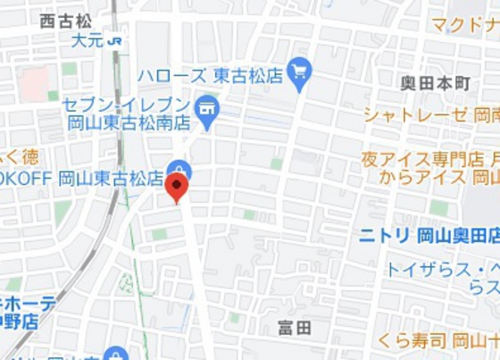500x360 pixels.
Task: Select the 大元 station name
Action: pyautogui.click(x=87, y=40)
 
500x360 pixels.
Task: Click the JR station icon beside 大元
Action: pyautogui.click(x=114, y=40)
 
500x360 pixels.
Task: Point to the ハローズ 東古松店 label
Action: pyautogui.click(x=209, y=76)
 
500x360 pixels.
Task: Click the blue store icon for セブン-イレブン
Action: pyautogui.click(x=207, y=108)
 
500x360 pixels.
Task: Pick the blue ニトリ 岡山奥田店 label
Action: pyautogui.click(x=428, y=235)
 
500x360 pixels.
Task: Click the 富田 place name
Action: pyautogui.click(x=295, y=328)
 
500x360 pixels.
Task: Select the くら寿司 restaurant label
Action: pyautogui.click(x=437, y=339)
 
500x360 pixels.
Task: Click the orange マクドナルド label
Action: pyautogui.click(x=463, y=24)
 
